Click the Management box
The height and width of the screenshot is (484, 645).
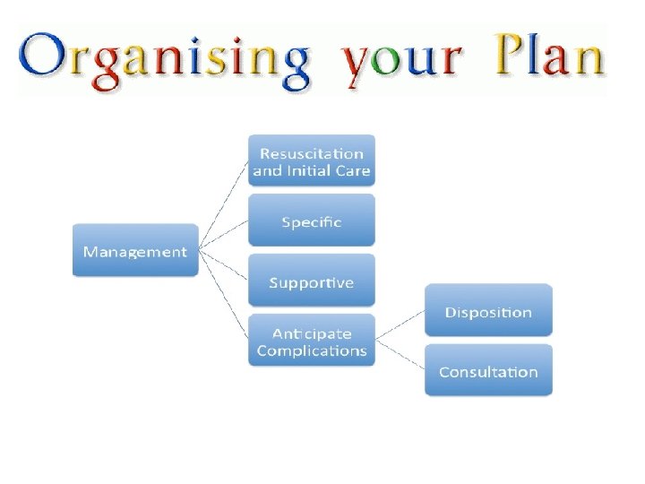click(x=134, y=251)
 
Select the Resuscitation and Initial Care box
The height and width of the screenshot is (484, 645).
click(x=311, y=161)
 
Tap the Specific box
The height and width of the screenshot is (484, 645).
click(x=311, y=221)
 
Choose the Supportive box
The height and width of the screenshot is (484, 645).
click(x=311, y=282)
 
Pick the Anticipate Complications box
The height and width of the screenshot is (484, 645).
click(x=311, y=341)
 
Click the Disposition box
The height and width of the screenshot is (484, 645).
click(x=488, y=312)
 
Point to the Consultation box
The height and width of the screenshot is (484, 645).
click(x=488, y=371)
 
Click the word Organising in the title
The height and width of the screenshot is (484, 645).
click(x=166, y=59)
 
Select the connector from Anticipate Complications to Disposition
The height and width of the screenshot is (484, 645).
click(x=400, y=325)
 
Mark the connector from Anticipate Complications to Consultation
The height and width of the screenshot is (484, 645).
click(x=400, y=356)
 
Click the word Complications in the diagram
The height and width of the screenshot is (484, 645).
click(x=311, y=350)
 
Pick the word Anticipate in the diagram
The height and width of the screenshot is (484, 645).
click(x=311, y=333)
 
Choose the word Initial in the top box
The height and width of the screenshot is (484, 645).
click(x=310, y=170)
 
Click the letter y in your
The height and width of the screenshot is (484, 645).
click(x=358, y=65)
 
